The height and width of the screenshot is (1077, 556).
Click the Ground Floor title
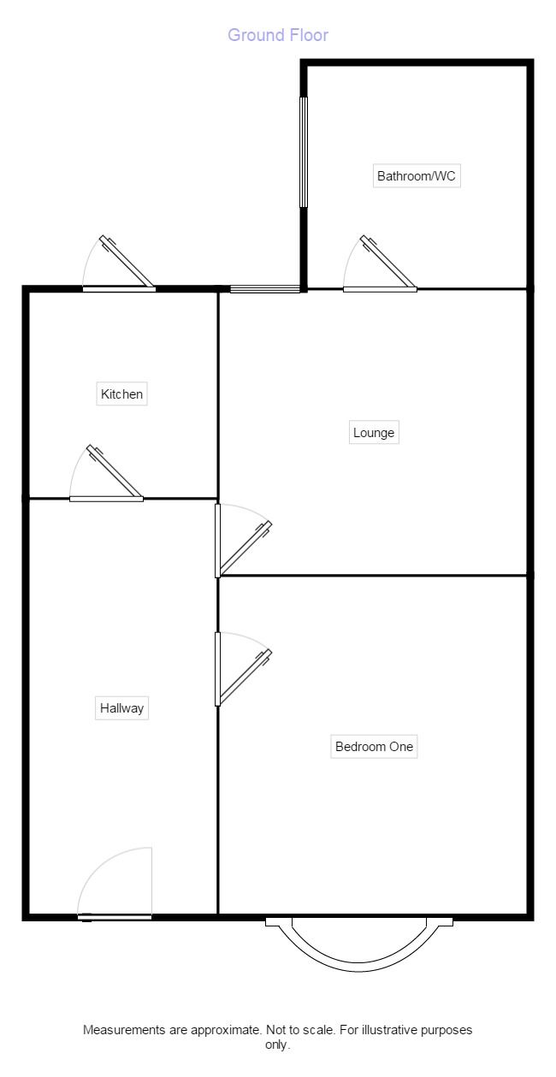click(278, 35)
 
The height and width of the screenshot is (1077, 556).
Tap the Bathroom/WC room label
click(417, 177)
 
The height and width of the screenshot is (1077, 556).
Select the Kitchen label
click(122, 394)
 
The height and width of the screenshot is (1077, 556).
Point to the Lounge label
click(374, 433)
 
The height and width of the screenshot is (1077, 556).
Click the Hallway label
click(121, 708)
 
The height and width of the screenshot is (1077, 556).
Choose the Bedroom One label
click(374, 747)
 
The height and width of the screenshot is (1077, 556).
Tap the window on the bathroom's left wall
click(303, 151)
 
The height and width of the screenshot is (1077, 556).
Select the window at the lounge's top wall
click(265, 289)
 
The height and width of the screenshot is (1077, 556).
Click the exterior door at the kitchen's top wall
click(119, 288)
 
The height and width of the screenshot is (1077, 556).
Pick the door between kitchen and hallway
click(106, 497)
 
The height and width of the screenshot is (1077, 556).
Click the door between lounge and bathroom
click(380, 288)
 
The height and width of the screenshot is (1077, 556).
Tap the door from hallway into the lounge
click(219, 541)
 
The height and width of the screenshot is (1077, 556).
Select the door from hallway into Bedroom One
click(219, 669)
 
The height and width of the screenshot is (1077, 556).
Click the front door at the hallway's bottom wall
click(115, 916)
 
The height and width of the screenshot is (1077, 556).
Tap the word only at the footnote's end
click(277, 1044)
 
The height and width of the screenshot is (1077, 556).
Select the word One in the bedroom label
click(401, 747)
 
